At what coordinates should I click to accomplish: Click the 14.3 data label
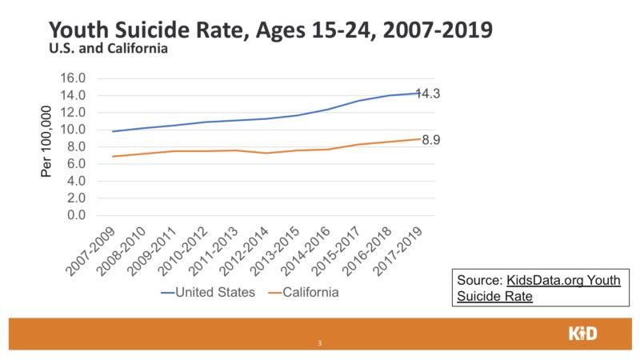click(428, 94)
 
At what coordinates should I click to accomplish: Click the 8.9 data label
click(433, 139)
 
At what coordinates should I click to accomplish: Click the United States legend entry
click(208, 293)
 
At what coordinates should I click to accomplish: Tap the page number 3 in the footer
click(319, 344)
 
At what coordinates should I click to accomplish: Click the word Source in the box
click(478, 282)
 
